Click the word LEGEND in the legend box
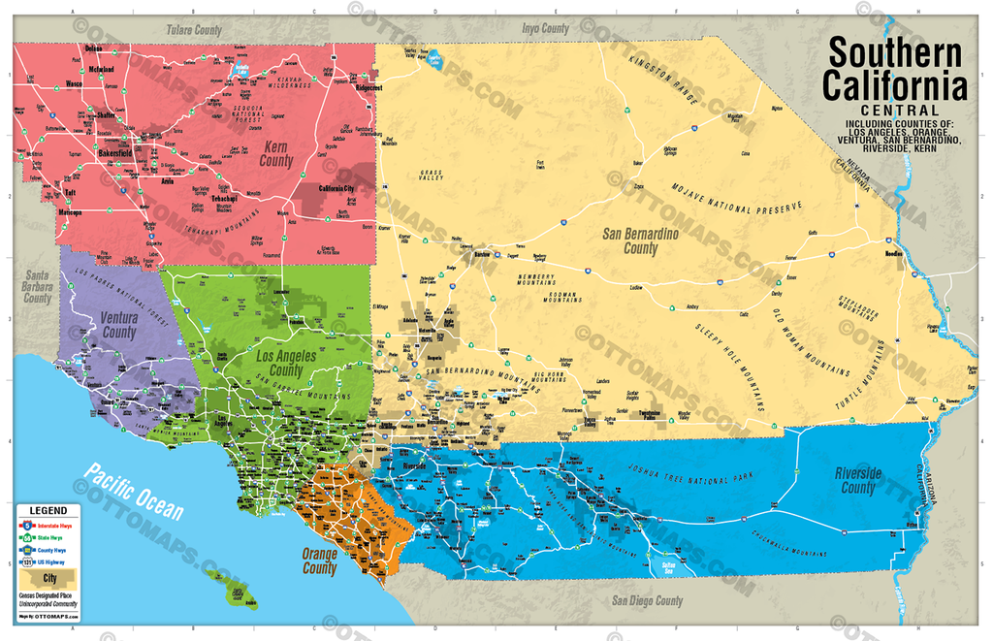click(x=48, y=510)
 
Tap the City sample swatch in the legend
click(x=48, y=578)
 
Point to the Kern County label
click(x=275, y=153)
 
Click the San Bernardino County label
click(x=640, y=241)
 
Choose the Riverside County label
click(x=857, y=480)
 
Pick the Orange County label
click(x=320, y=561)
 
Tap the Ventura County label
click(x=119, y=325)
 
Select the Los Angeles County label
click(x=286, y=364)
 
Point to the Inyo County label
click(x=545, y=28)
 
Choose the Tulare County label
click(x=194, y=30)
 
